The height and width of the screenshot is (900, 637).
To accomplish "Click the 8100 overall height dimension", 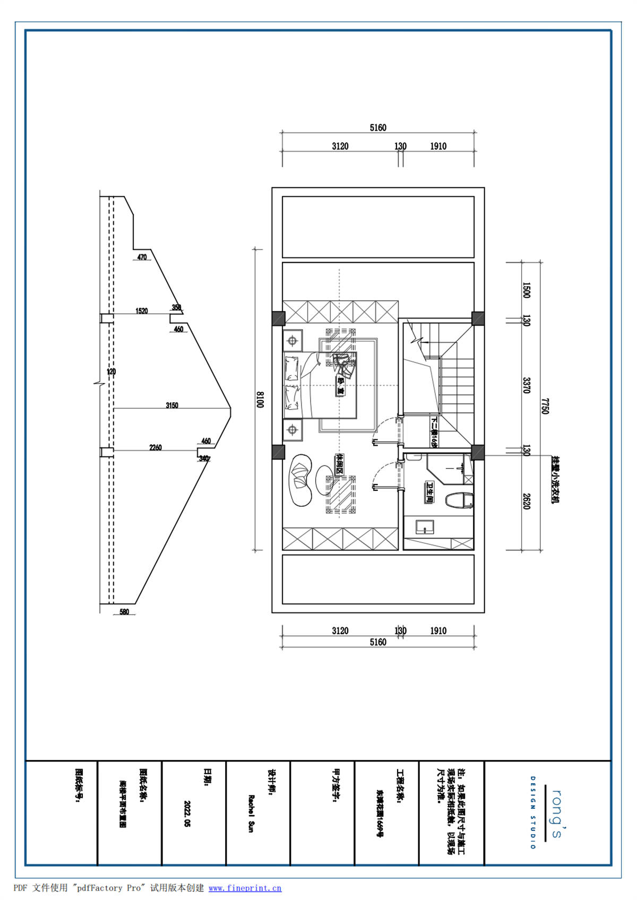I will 261,400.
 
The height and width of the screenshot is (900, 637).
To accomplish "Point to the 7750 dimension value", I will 545,406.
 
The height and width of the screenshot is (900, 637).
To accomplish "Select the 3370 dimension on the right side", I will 526,385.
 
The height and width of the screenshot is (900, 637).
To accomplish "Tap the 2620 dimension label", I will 526,501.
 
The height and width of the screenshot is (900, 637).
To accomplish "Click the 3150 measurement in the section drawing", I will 172,405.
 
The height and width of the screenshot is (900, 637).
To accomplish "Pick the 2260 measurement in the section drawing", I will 156,447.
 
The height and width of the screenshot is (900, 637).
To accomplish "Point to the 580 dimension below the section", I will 124,612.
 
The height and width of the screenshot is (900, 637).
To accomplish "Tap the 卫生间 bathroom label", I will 429,492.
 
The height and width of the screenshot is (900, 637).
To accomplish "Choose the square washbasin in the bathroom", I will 424,527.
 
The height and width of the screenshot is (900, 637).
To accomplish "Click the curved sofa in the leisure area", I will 300,480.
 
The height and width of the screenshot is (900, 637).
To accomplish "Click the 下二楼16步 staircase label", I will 434,432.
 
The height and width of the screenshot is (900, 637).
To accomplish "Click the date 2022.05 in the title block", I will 186,814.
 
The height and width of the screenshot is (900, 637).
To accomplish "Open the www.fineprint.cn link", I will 245,888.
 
